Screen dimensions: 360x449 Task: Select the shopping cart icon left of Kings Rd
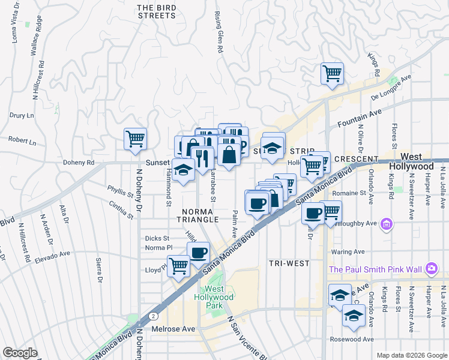pos(332,74)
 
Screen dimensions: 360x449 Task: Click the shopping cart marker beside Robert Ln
pos(136,139)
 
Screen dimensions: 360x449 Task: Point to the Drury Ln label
pos(22,115)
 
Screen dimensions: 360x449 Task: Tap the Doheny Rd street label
pos(79,163)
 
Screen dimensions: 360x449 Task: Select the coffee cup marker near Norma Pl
pos(199,253)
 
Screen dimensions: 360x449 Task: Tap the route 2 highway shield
pos(155,314)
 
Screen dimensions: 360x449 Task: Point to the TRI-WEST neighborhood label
pos(289,263)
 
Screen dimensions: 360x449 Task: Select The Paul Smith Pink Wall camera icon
pos(431,268)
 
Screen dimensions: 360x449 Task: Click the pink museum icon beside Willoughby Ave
pos(387,225)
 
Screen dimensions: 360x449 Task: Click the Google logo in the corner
pos(20,353)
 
